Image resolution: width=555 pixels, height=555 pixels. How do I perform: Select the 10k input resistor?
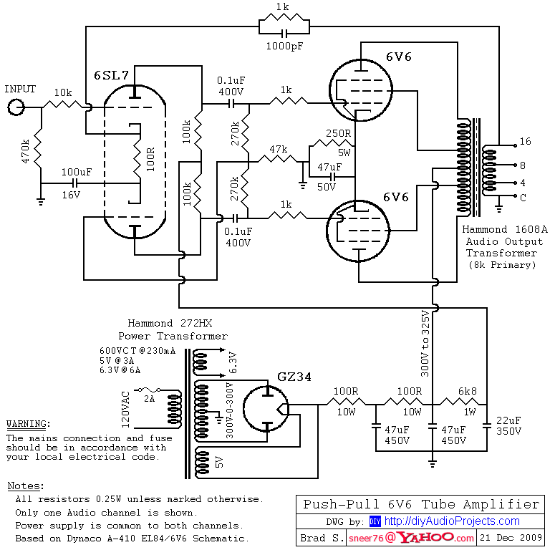click(x=64, y=105)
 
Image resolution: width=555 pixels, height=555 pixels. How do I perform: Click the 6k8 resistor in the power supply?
click(x=459, y=405)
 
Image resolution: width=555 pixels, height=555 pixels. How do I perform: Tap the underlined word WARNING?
click(x=26, y=424)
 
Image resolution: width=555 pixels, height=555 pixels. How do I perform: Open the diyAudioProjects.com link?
click(x=451, y=521)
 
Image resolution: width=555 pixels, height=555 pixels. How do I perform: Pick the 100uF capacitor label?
click(x=76, y=173)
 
